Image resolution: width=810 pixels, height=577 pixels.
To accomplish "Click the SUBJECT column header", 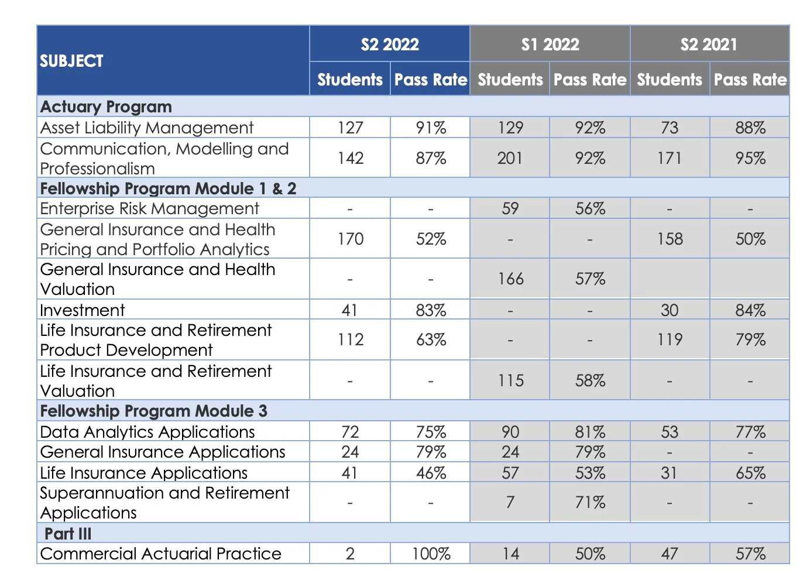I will coord(71,61).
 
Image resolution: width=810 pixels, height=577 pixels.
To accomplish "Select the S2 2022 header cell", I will coord(390,44).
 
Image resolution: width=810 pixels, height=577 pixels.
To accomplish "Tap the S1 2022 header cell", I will coord(550,44).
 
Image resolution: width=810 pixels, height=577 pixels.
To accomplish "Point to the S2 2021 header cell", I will coord(709,44).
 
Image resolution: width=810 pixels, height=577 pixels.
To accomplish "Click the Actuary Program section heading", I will coord(106,107).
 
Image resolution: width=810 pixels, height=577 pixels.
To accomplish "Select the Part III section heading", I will coord(68,533).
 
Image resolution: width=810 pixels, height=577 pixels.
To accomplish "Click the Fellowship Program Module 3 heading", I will coord(153,411).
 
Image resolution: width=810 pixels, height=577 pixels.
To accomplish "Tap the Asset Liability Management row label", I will coord(147,128).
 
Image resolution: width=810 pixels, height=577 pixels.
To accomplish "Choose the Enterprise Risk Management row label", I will coord(149,208).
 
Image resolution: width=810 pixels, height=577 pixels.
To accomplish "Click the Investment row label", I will coord(83,310).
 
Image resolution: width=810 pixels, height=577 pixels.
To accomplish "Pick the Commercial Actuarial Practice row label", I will coord(161,554).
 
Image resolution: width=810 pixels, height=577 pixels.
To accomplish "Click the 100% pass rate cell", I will coord(431,554).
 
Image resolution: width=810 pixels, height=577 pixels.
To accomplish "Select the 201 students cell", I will coord(510,158).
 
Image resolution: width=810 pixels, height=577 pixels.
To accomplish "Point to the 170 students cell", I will coord(351,239).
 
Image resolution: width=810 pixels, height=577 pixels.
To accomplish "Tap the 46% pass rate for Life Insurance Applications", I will coord(431,473).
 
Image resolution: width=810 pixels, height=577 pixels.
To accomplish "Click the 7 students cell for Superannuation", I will coord(510,502).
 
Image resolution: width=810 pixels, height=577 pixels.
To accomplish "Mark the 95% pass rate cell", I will coord(750,158).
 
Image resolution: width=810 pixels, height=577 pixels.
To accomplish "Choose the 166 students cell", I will coord(510,279).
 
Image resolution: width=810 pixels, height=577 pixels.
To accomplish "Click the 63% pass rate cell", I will coord(431,339).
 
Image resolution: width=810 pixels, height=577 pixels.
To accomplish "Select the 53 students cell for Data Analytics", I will coord(670,432).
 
